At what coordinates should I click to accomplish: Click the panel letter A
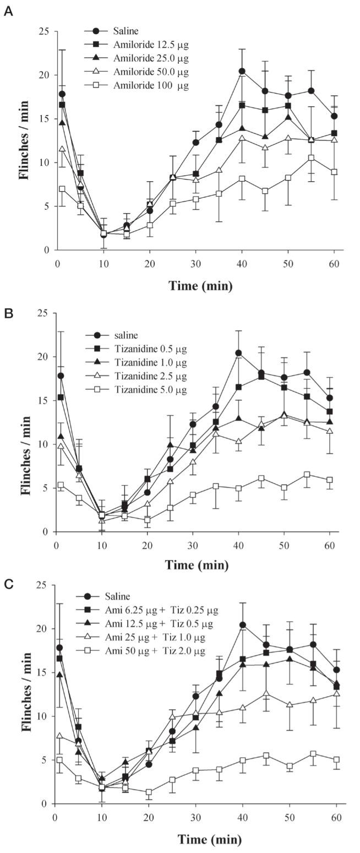coord(8,11)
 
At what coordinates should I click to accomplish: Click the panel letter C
coord(8,584)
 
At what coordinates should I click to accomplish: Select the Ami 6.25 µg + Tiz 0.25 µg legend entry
coord(160,610)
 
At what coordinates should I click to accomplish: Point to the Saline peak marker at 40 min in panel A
coord(242,71)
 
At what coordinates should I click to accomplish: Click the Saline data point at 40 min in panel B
coord(238,353)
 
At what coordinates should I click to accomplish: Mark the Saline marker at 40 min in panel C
coord(242,625)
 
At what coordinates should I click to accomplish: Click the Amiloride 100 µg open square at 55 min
coord(311,157)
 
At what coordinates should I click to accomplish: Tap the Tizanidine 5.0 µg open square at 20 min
coord(148,520)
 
